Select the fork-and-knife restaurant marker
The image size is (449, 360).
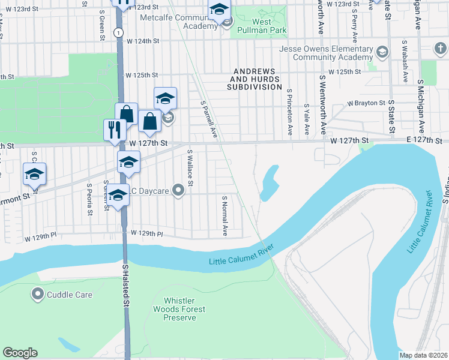click(114, 130)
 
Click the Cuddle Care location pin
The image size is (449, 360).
click(38, 295)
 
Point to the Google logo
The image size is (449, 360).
click(20, 353)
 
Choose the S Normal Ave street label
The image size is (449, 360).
click(225, 215)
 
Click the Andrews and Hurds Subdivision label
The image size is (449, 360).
click(255, 79)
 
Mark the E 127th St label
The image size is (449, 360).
click(423, 139)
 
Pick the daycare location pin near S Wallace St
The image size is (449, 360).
click(178, 191)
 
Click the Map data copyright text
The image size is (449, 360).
click(423, 355)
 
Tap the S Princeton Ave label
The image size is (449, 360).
click(289, 112)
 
